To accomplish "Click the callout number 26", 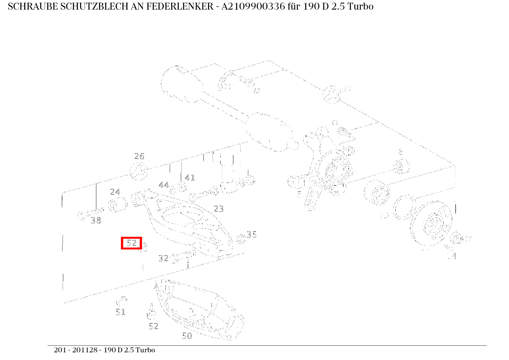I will click(x=139, y=156).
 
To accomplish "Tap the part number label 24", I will click(x=115, y=192).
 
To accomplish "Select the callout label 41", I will click(x=190, y=178).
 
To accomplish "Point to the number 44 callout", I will click(x=164, y=185).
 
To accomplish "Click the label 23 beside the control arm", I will click(x=218, y=209).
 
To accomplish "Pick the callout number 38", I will click(x=96, y=220).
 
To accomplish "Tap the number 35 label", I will click(x=251, y=234).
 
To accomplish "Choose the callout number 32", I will click(x=164, y=258).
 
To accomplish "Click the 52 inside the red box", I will click(x=132, y=243).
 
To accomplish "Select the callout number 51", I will click(x=121, y=312).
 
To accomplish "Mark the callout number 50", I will click(x=187, y=336).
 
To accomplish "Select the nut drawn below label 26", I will click(x=139, y=171).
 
